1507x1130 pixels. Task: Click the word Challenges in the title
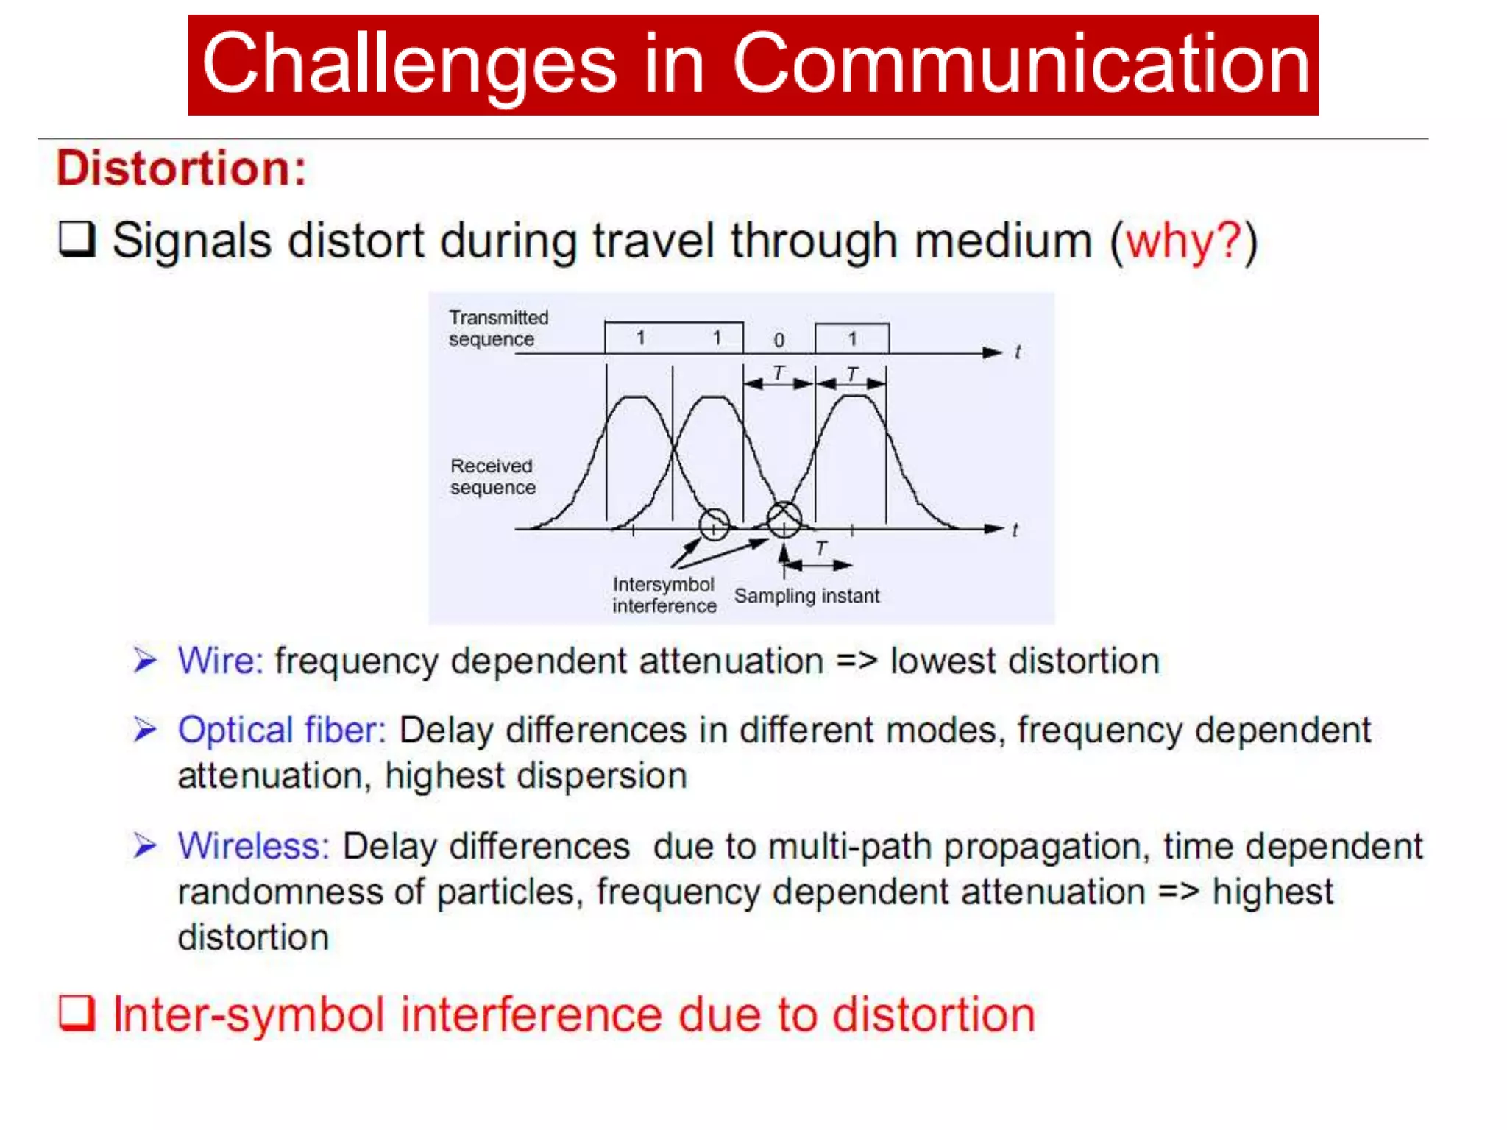tap(409, 65)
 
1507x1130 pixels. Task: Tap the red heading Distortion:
tap(181, 168)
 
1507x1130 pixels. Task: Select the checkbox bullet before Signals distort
tap(77, 239)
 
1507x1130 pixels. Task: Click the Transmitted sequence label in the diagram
tap(498, 328)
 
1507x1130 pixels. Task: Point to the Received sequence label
tap(492, 477)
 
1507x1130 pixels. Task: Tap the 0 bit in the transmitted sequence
tap(779, 340)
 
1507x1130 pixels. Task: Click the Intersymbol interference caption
tap(664, 594)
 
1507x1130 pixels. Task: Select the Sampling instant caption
tap(806, 595)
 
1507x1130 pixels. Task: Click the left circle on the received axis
tap(714, 525)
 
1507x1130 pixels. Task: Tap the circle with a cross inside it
tap(784, 519)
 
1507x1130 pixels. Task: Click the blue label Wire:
tap(220, 661)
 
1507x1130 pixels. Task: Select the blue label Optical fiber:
tap(282, 730)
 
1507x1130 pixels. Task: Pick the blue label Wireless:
tap(253, 845)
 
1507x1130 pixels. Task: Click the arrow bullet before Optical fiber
tap(145, 729)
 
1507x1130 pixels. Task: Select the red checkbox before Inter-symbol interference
tap(77, 1013)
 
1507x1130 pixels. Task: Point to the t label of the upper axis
tap(1017, 352)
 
